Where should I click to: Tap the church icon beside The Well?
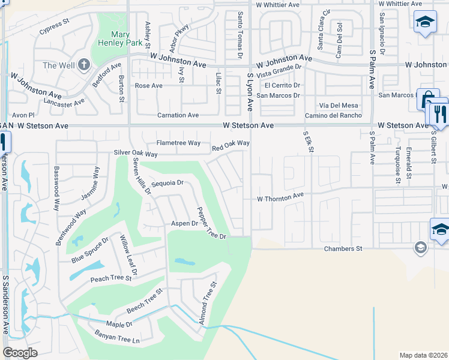click(84, 64)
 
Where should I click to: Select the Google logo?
click(20, 353)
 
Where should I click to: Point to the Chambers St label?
click(343, 248)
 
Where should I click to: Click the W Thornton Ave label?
click(280, 197)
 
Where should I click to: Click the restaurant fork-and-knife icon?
click(439, 115)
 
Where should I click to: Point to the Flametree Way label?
click(178, 143)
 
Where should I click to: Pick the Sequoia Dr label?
click(167, 183)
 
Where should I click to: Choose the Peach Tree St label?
click(110, 278)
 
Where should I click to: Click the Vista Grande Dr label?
click(279, 73)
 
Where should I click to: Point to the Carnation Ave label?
click(178, 115)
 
